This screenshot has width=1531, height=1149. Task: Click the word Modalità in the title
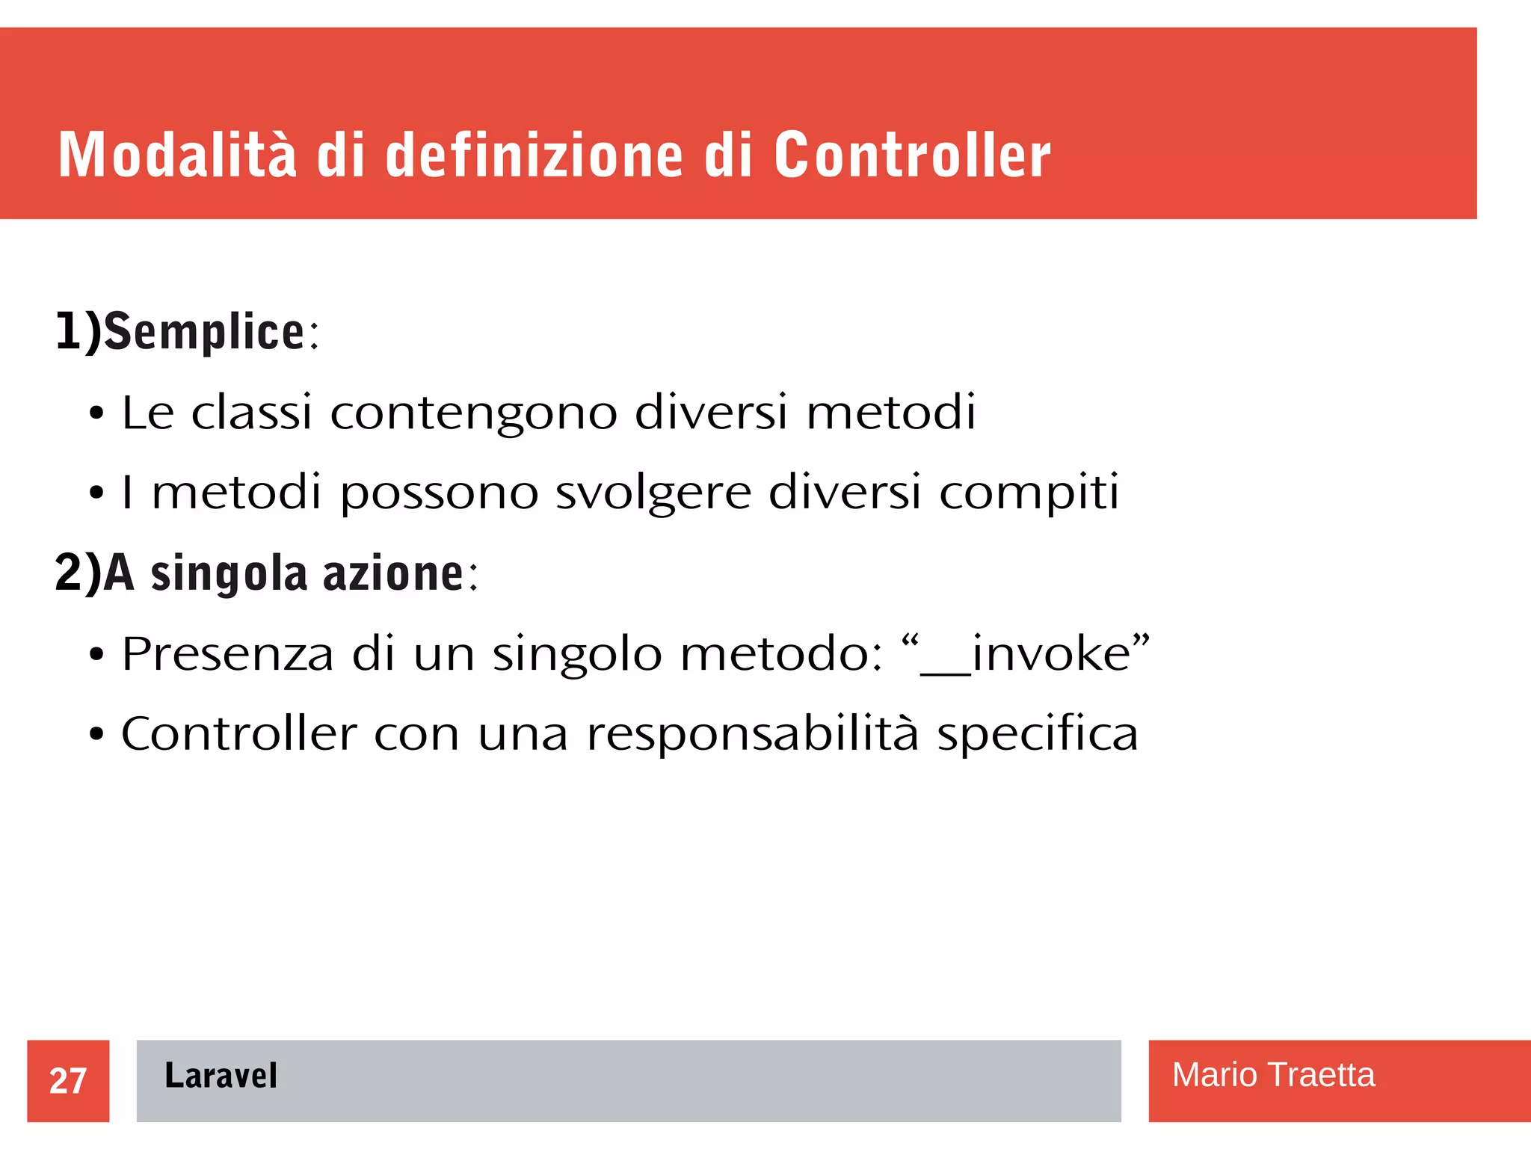click(x=177, y=155)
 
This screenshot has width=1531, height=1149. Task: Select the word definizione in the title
click(x=534, y=155)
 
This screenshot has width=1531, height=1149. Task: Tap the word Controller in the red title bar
click(x=912, y=155)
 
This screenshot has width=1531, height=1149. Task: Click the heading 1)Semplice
click(x=187, y=331)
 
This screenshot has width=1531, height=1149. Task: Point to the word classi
click(x=251, y=412)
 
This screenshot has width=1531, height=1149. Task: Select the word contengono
click(x=474, y=413)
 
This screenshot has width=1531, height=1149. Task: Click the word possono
click(x=440, y=493)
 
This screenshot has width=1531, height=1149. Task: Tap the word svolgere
click(x=653, y=493)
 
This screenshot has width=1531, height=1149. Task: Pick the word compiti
click(x=1029, y=493)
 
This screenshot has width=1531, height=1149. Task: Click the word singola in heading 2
click(x=229, y=574)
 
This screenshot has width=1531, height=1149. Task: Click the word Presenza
click(x=227, y=654)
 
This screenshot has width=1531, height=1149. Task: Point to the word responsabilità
click(x=752, y=734)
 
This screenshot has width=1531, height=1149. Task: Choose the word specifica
click(x=1038, y=734)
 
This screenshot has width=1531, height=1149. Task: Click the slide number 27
click(x=68, y=1081)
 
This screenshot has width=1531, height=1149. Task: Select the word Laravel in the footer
click(x=221, y=1076)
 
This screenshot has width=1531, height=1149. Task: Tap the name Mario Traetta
click(x=1273, y=1075)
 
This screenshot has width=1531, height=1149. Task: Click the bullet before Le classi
click(x=96, y=414)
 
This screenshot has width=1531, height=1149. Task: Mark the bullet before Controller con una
click(x=96, y=735)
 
